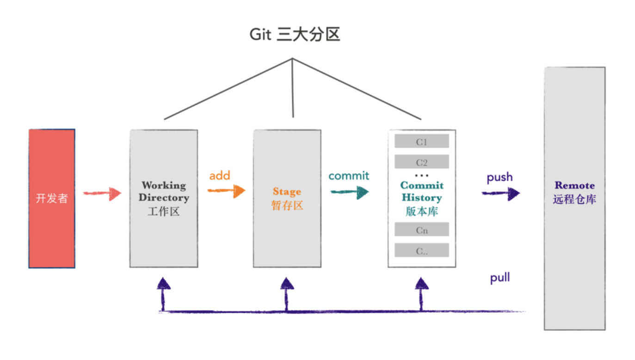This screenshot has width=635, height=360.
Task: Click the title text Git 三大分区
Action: click(295, 35)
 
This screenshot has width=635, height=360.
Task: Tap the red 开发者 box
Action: click(52, 199)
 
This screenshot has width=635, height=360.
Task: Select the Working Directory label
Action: click(164, 192)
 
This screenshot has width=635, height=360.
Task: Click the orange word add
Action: click(220, 176)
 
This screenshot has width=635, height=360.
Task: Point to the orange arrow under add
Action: click(226, 191)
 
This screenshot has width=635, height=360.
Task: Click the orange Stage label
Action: click(287, 192)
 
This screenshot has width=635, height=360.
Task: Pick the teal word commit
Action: click(349, 176)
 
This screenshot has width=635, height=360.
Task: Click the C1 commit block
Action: click(421, 142)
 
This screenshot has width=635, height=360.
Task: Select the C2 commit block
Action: click(421, 162)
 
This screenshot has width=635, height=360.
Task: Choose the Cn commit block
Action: click(421, 230)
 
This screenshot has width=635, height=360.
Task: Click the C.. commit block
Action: click(421, 251)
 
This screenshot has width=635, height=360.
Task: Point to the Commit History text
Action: click(421, 192)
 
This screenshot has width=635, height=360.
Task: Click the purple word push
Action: click(499, 177)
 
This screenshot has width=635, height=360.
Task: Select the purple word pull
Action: click(500, 278)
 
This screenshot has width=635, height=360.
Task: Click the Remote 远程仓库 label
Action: click(574, 192)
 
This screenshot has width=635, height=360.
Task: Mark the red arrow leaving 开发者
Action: click(102, 193)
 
